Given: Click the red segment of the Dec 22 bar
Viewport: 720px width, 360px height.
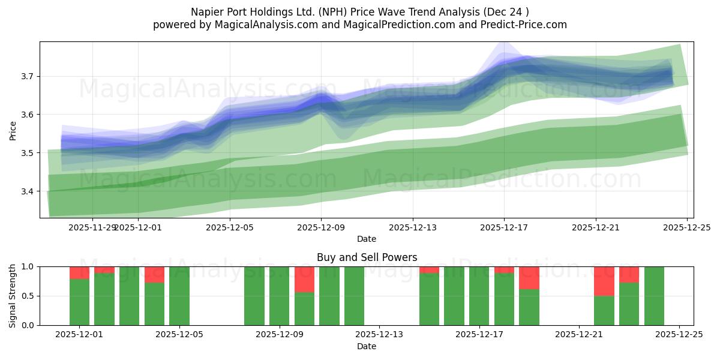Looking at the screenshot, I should point(604,281).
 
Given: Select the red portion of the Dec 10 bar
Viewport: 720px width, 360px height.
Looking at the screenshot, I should point(304,279).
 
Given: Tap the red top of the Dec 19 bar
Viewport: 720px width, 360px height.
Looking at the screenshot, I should point(529,277).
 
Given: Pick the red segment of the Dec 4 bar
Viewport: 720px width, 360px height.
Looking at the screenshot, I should point(154,274).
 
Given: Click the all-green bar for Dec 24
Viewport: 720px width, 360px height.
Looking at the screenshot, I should point(654,296).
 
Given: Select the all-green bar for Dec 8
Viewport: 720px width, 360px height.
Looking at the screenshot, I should point(254,296).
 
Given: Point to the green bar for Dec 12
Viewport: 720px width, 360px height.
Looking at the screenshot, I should point(354,296).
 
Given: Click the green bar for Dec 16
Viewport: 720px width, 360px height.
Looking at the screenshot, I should point(454,296).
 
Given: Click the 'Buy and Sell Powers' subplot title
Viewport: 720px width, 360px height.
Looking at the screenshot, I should point(367,257).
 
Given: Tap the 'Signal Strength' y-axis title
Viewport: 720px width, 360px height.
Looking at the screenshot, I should point(13,296).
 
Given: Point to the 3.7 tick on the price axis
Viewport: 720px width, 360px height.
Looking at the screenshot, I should point(28,76).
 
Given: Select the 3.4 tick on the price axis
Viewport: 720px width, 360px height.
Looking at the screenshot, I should point(28,191).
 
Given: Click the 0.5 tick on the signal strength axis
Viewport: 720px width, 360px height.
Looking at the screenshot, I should point(28,296).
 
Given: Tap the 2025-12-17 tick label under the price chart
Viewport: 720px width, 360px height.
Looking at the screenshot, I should point(504,227).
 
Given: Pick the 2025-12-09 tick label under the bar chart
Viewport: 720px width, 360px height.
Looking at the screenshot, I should point(280,335).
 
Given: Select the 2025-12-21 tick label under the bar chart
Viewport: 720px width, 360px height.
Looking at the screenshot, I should point(579,335).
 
